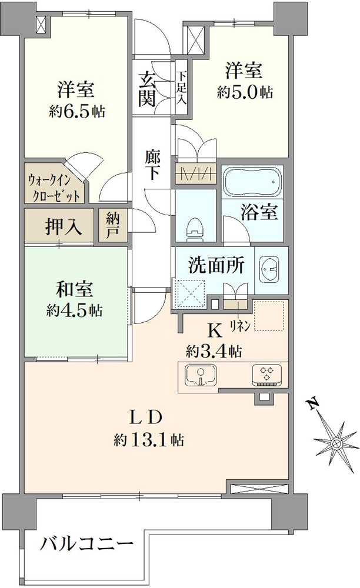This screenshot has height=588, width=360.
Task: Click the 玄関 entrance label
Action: pos(147,88)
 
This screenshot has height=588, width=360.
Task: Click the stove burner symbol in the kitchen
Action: pos(267,374)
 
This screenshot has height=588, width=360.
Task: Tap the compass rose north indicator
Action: pos(336,441)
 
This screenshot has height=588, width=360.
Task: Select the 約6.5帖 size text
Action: pos(76,111)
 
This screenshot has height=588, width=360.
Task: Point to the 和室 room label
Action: pos(75,290)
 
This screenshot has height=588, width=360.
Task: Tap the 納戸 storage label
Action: pos(113,225)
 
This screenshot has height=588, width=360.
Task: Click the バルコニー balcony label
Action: pos(87,544)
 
